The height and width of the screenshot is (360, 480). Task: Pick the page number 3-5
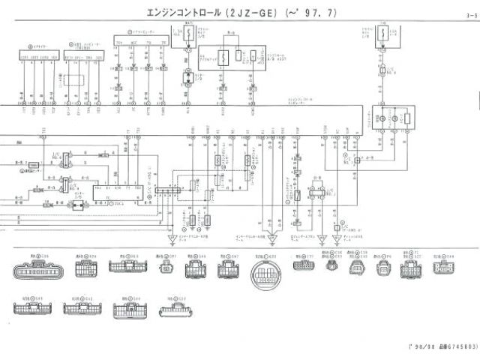click(470, 16)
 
